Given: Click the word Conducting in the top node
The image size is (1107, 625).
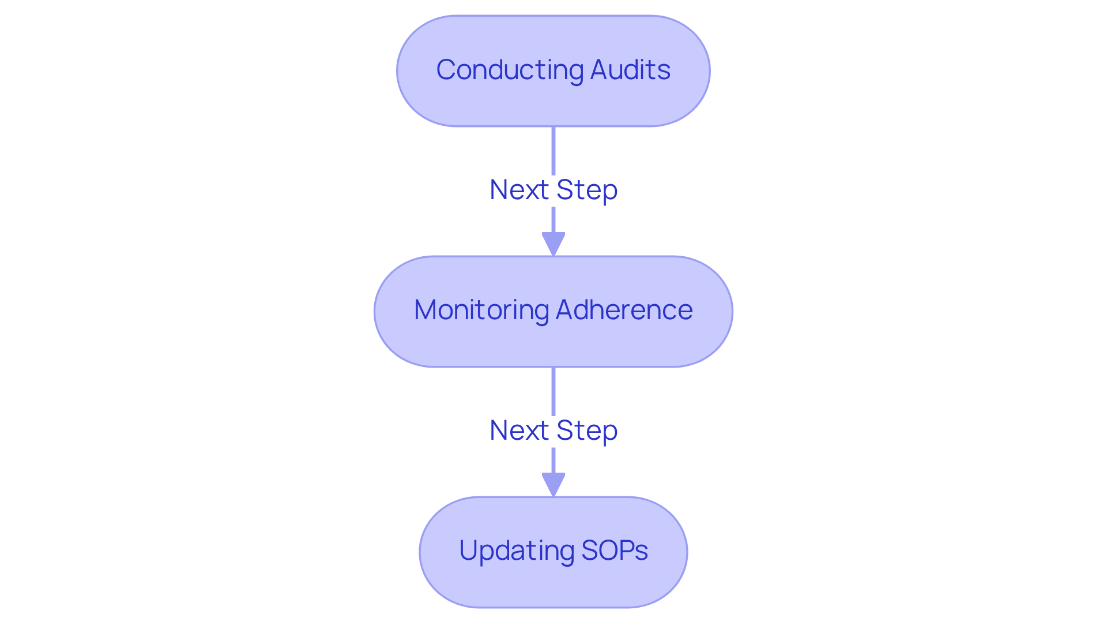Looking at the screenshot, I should pos(510,70).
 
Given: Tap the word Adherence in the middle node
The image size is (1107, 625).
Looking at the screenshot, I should pos(624,310).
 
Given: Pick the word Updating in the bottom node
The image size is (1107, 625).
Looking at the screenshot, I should pos(516,551).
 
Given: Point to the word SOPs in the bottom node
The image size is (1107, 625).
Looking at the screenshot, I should pos(615,551).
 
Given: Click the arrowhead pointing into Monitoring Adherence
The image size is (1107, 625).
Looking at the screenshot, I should pos(553,244).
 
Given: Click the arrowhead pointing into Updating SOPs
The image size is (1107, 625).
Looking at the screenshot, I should pos(553,484).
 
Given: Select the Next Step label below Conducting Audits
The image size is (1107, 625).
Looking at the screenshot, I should pos(553,190).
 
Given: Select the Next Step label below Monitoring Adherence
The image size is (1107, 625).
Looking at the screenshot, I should pos(553,431).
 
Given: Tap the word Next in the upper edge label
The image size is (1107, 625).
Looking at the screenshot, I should pos(519,190).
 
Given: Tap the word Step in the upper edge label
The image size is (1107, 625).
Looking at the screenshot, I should pos(587,190).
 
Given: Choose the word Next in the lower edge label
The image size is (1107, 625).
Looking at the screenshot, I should pos(519,431).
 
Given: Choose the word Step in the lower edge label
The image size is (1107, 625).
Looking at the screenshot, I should pos(587,431).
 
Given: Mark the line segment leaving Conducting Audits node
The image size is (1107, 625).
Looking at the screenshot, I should pos(553,150).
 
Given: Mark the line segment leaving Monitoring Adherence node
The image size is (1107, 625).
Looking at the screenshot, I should pos(553,391).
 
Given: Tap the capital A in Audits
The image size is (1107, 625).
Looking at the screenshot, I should pos(600,70).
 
